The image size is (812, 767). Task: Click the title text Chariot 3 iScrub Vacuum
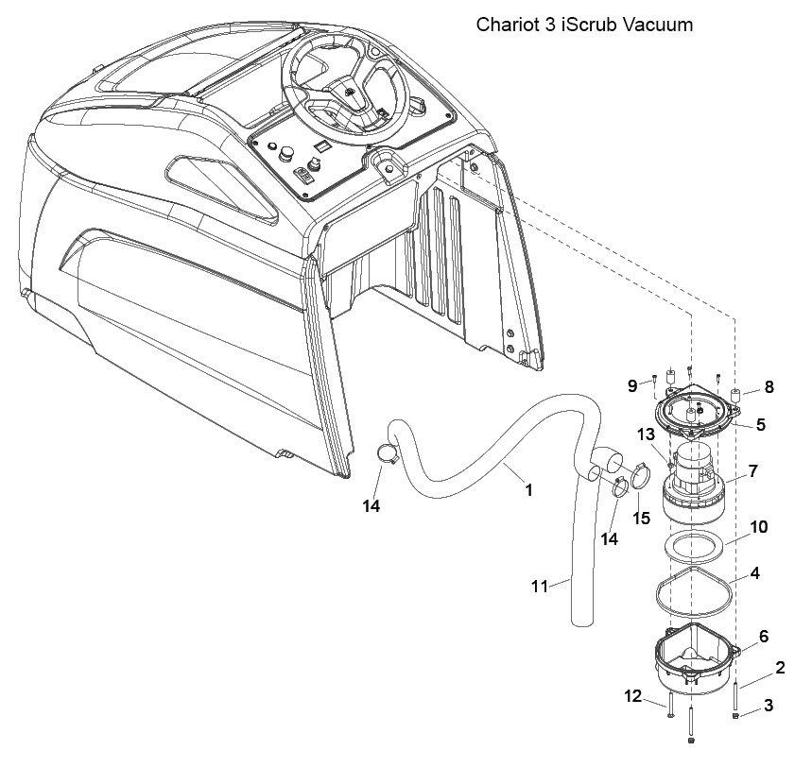(584, 25)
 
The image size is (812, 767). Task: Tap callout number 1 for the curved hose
(528, 489)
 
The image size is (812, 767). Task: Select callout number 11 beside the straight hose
(540, 587)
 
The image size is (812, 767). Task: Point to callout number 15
(641, 518)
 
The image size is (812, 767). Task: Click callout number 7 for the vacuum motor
(753, 471)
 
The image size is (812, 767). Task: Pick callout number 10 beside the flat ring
(759, 527)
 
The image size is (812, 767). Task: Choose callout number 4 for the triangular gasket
(755, 573)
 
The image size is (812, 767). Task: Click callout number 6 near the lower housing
(765, 636)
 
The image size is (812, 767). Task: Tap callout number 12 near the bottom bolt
(633, 696)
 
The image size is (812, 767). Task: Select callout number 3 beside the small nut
(769, 705)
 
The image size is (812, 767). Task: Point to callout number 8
(769, 386)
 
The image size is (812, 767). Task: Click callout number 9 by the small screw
(632, 385)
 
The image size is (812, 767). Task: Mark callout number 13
(647, 435)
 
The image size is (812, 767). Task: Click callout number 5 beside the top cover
(760, 424)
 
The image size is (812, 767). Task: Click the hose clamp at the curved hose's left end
(387, 453)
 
